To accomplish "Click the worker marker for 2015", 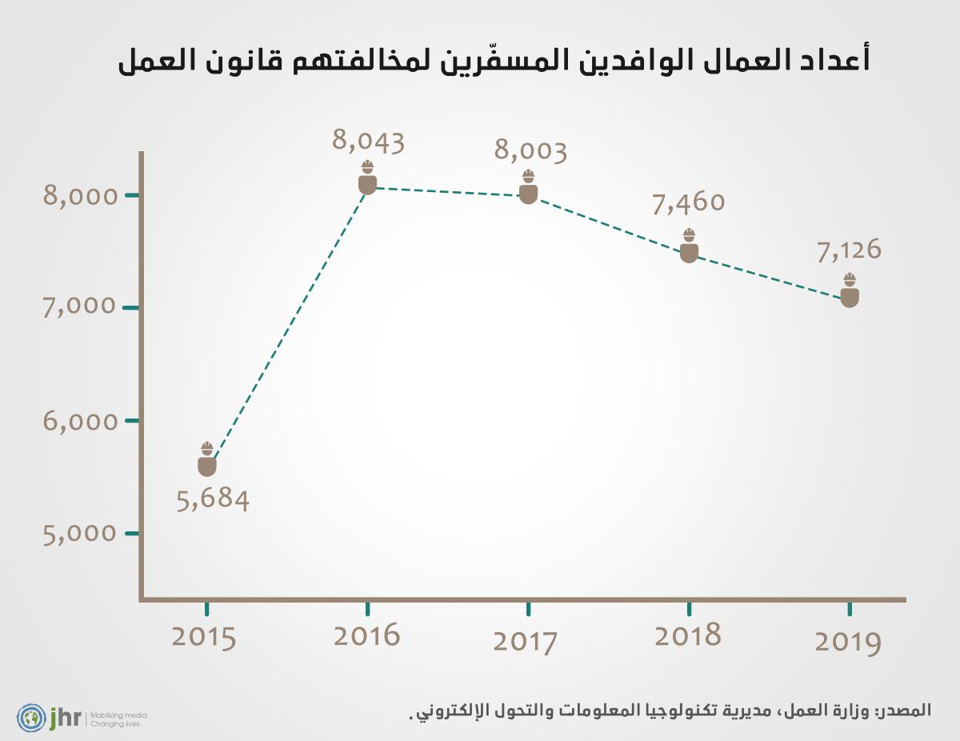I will (207, 459).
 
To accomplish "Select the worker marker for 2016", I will (367, 178).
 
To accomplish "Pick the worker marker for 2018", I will (689, 246).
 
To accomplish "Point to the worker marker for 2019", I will (850, 290).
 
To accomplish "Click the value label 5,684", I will (212, 501).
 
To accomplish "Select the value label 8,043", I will (368, 142).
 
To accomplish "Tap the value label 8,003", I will (530, 151).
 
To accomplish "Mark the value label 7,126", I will (849, 250).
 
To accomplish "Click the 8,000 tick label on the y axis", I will (80, 196).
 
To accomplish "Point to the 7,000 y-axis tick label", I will (80, 307).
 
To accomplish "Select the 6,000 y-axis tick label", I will (80, 421).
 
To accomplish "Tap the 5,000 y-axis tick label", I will (80, 533).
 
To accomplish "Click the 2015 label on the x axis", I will (205, 638).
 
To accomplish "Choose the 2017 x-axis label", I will (526, 642).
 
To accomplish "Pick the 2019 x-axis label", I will (848, 643).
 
